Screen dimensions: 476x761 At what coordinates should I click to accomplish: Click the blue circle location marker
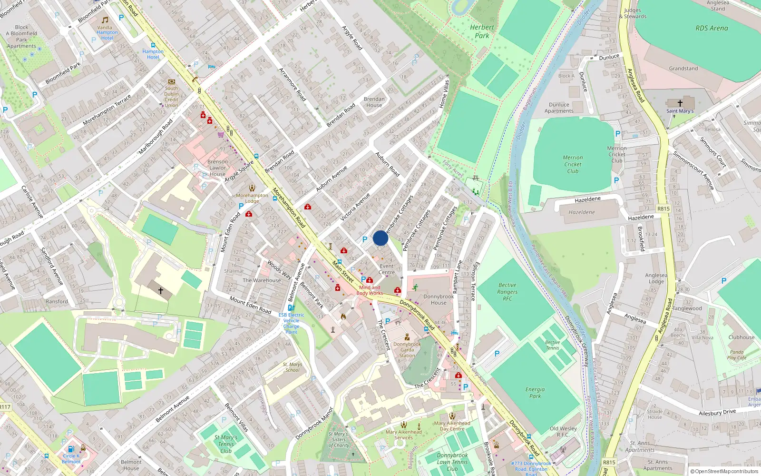click(380, 238)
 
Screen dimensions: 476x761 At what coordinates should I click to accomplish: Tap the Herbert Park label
click(482, 31)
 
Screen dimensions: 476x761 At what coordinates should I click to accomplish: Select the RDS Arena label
click(712, 28)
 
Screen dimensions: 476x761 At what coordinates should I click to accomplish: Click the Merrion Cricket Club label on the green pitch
click(573, 164)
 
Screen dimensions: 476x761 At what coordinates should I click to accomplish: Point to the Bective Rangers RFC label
click(507, 292)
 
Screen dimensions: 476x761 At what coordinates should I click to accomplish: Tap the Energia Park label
click(535, 393)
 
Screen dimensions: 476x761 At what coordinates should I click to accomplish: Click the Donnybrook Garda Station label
click(407, 350)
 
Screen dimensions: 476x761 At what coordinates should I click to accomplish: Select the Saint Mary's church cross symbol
click(680, 103)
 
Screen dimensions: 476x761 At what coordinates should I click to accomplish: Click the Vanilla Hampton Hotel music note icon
click(105, 20)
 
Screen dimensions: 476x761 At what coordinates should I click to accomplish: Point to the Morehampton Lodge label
click(252, 198)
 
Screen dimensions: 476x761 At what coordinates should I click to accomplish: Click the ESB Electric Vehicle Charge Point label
click(291, 323)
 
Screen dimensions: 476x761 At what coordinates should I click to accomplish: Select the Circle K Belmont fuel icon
click(71, 448)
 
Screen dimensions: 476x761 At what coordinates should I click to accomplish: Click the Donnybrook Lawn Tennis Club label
click(452, 462)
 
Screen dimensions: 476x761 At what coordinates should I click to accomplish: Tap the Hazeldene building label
click(582, 212)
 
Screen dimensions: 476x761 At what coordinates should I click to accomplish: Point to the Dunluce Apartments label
click(559, 108)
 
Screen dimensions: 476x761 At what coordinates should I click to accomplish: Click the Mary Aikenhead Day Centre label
click(452, 426)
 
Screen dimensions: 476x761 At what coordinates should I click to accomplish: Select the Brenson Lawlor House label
click(218, 168)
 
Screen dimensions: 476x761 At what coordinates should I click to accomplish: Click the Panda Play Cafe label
click(737, 355)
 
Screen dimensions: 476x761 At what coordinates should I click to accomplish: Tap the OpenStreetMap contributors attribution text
click(724, 472)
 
